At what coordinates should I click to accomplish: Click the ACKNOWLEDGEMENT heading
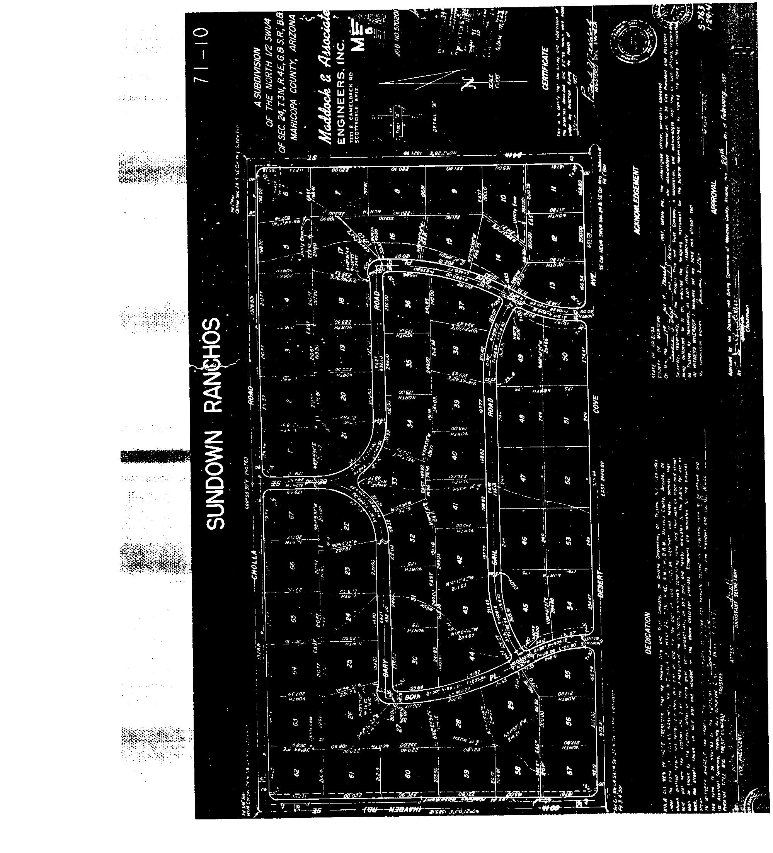tap(635, 199)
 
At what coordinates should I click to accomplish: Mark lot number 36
tap(409, 303)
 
